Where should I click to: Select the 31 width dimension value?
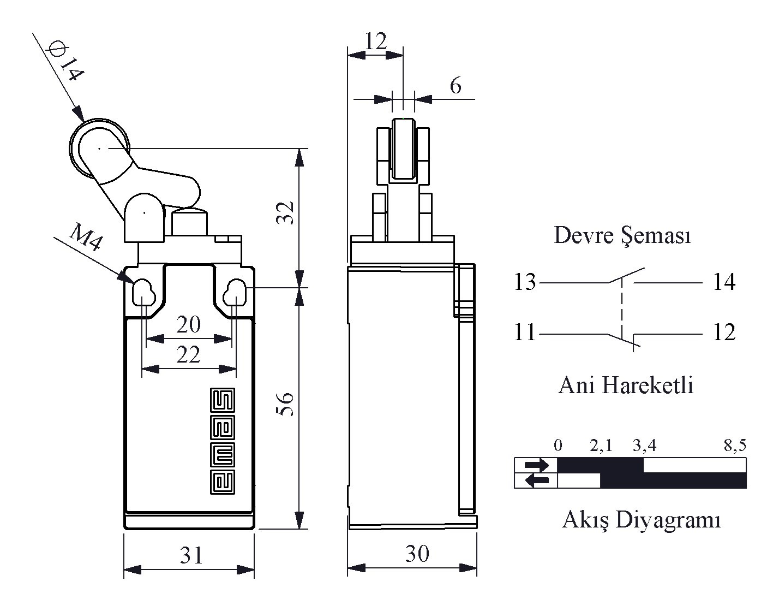pos(191,555)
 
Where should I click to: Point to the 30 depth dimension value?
pos(417,554)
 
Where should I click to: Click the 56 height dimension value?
pos(285,404)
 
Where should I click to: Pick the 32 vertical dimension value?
pos(285,213)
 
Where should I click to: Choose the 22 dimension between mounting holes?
pos(189,355)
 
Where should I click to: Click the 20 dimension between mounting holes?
pos(189,325)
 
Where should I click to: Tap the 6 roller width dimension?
pos(456,86)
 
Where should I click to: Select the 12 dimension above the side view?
pos(376,41)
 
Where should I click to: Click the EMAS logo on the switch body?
pos(222,441)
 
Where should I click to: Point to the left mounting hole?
pos(143,293)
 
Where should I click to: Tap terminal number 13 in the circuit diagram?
pos(525,282)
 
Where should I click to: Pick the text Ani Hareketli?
pos(626,385)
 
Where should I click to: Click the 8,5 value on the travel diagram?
pos(735,445)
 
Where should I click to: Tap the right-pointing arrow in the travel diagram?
pos(536,466)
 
